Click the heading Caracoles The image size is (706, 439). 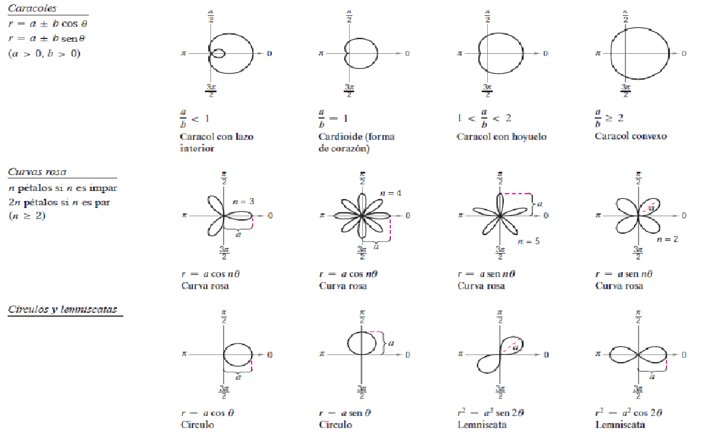[32, 9]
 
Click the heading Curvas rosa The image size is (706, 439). [37, 172]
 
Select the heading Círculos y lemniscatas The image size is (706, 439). [62, 309]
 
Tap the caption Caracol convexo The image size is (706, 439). [631, 136]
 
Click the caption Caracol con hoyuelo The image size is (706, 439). [502, 137]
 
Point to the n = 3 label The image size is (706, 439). [243, 201]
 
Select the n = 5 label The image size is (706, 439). [528, 240]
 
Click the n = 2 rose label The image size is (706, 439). [667, 239]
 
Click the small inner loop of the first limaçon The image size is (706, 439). [219, 53]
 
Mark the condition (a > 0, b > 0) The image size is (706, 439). [44, 54]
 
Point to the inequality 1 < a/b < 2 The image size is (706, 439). [484, 118]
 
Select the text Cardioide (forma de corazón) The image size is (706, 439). [356, 143]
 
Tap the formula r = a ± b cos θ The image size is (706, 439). [48, 24]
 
